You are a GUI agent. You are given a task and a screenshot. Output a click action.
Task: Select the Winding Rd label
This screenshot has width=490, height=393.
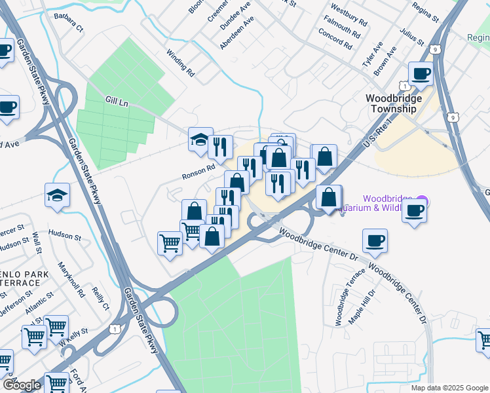(180, 64)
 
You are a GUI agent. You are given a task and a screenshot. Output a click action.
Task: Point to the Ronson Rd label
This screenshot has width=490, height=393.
(199, 168)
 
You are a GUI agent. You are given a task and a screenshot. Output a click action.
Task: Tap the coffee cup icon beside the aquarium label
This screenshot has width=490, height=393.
(414, 211)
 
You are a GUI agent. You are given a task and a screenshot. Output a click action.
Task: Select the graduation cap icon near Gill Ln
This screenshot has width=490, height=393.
(200, 140)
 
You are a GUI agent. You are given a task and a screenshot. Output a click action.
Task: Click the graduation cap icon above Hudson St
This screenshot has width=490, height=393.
(58, 195)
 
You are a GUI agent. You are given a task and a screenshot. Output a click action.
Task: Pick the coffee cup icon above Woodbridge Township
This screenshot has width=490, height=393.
(421, 73)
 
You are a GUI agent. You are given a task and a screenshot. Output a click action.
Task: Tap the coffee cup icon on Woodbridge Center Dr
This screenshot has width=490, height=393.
(375, 241)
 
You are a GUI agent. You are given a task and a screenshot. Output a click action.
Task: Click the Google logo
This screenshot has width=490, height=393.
(22, 385)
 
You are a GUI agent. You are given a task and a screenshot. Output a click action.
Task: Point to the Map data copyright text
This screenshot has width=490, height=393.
(449, 388)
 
